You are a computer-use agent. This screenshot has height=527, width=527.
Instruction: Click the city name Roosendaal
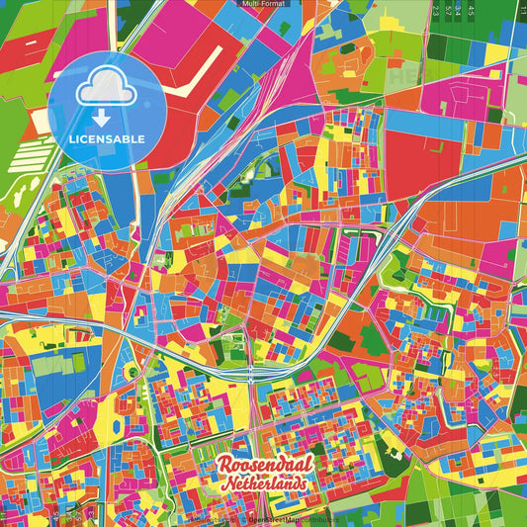[x=262, y=466]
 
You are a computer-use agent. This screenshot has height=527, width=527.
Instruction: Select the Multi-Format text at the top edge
[x=263, y=5]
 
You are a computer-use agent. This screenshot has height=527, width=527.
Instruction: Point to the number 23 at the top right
[x=436, y=12]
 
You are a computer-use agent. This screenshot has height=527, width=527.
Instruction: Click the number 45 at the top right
[x=472, y=12]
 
